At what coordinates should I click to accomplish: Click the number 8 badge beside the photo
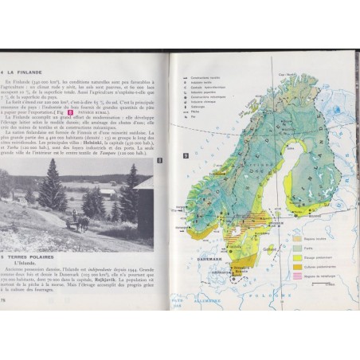159,162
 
